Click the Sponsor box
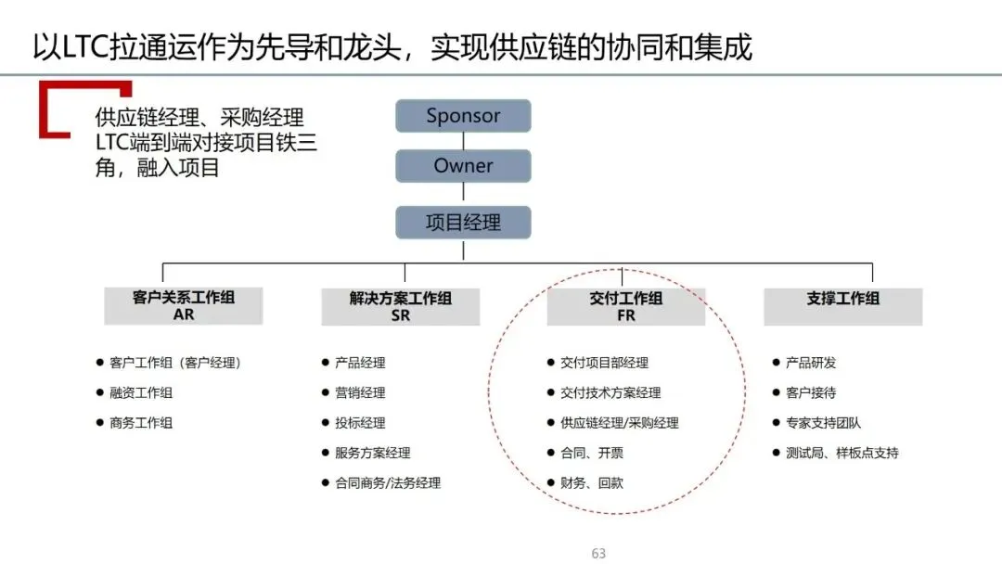pyautogui.click(x=463, y=116)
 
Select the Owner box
pyautogui.click(x=463, y=166)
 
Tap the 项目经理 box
pyautogui.click(x=463, y=223)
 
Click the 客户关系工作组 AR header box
pyautogui.click(x=184, y=306)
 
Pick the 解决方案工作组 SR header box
pyautogui.click(x=401, y=306)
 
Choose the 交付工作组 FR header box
pyautogui.click(x=625, y=306)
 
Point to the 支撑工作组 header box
pyautogui.click(x=842, y=306)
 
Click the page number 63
pyautogui.click(x=598, y=554)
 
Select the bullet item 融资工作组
pyautogui.click(x=141, y=393)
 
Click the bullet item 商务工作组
pyautogui.click(x=141, y=423)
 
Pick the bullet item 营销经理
pyautogui.click(x=360, y=393)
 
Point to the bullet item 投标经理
pyautogui.click(x=360, y=423)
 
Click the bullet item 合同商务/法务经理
pyautogui.click(x=388, y=483)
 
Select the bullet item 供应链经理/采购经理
pyautogui.click(x=620, y=423)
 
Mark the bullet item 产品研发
pyautogui.click(x=811, y=363)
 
